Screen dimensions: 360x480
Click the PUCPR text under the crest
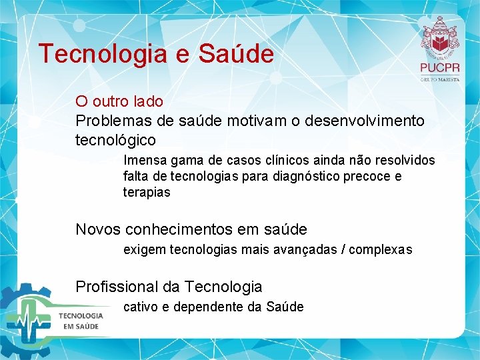(439, 67)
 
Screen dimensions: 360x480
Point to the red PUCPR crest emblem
(440, 39)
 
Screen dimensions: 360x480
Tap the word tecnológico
(115, 140)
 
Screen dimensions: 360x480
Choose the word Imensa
(145, 161)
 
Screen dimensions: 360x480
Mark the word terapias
(147, 193)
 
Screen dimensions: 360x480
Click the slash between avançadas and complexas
(343, 250)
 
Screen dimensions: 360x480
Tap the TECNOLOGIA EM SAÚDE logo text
(81, 320)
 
